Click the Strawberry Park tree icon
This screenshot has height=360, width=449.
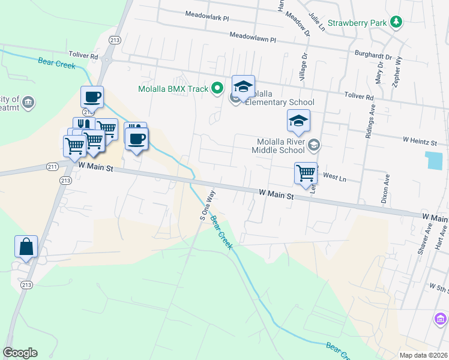click(396, 23)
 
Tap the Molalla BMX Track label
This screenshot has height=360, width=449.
click(173, 89)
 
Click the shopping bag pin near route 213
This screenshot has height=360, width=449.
click(26, 247)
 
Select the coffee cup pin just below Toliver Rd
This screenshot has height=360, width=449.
click(92, 97)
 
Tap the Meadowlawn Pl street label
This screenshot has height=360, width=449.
click(252, 37)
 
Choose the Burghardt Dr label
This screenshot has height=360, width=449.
click(373, 56)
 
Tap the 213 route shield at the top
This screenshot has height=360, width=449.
click(114, 40)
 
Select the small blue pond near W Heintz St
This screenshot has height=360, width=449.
click(433, 160)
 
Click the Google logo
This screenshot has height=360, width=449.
click(20, 353)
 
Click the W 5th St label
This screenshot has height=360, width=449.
click(438, 288)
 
